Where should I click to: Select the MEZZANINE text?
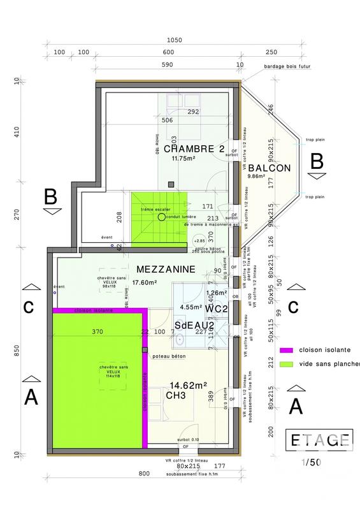coord(164,270)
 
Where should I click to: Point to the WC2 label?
coord(217,309)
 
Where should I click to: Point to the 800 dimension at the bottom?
coord(145,491)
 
